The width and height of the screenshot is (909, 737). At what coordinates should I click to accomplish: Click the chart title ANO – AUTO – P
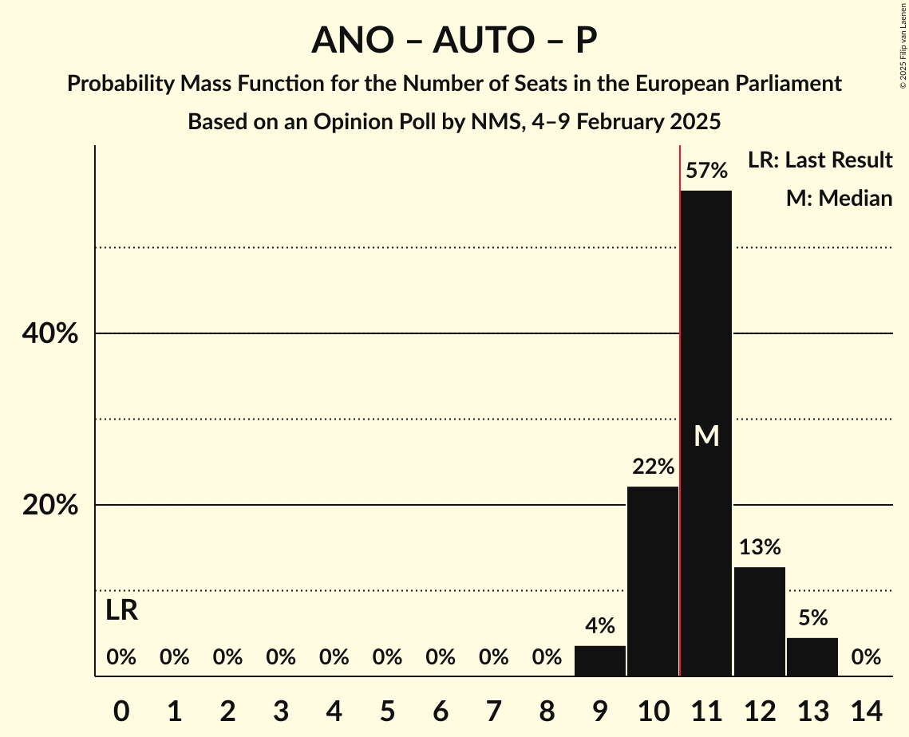(x=454, y=40)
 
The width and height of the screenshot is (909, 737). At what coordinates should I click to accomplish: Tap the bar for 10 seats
(x=653, y=581)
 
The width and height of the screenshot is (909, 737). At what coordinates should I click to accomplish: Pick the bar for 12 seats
(x=760, y=621)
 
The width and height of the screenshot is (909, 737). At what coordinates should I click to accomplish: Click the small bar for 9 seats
(x=600, y=660)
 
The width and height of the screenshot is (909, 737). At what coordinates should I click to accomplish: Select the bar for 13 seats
(x=812, y=656)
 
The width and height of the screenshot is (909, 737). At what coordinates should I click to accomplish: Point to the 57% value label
(x=706, y=171)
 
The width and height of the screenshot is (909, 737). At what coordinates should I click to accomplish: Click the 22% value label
(x=653, y=467)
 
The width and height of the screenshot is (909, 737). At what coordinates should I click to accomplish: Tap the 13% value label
(x=760, y=547)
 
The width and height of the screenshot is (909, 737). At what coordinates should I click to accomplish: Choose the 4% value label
(x=600, y=626)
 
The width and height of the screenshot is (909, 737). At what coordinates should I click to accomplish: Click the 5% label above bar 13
(x=812, y=618)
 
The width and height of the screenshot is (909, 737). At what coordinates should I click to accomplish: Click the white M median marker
(x=706, y=436)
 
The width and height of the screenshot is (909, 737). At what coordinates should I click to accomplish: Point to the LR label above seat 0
(x=121, y=611)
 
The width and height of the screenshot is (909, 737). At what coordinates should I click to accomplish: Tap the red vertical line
(x=679, y=399)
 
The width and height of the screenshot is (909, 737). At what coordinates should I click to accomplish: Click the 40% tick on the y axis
(x=50, y=334)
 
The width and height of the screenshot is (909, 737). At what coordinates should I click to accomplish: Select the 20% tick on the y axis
(x=50, y=506)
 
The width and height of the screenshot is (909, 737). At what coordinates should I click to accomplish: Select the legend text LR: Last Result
(x=820, y=160)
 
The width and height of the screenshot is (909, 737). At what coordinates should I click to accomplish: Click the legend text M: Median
(x=839, y=198)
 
